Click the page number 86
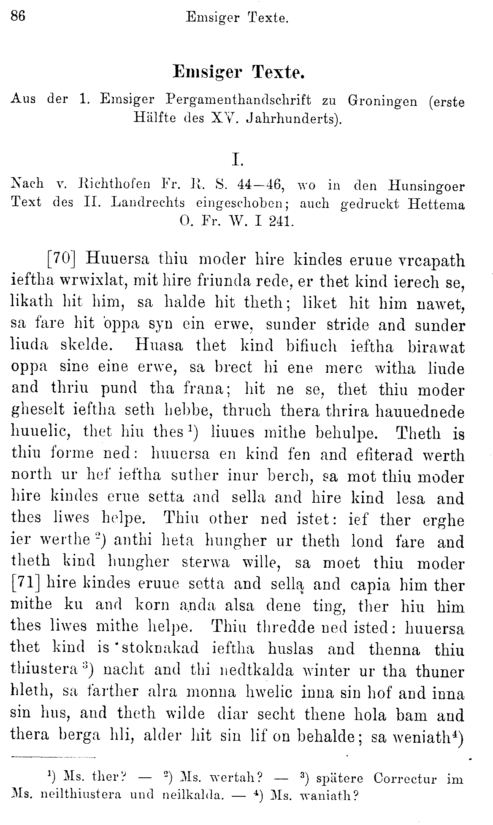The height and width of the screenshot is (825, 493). [18, 16]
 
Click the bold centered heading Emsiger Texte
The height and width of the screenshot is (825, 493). [238, 73]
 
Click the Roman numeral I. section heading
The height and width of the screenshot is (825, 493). [237, 159]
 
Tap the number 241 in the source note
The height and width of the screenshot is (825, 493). [281, 222]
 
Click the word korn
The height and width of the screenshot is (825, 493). [152, 605]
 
